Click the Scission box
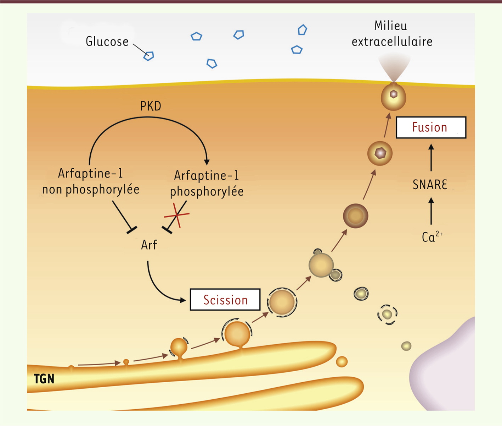[225, 299]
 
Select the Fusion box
[431, 127]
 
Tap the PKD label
[151, 106]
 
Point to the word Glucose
[107, 42]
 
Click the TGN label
[44, 379]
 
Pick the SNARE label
[430, 184]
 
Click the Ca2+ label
[432, 237]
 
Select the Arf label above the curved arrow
[149, 245]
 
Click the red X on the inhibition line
[177, 215]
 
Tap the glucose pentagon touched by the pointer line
[149, 56]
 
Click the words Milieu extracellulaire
[392, 34]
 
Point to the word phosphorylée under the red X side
[207, 191]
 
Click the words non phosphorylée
[91, 189]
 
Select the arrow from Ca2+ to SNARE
[431, 211]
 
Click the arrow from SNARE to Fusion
[431, 157]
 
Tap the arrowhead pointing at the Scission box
[183, 300]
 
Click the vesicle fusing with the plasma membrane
[393, 97]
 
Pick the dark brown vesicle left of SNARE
[356, 216]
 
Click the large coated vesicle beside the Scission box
[282, 302]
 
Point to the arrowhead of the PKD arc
[207, 162]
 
